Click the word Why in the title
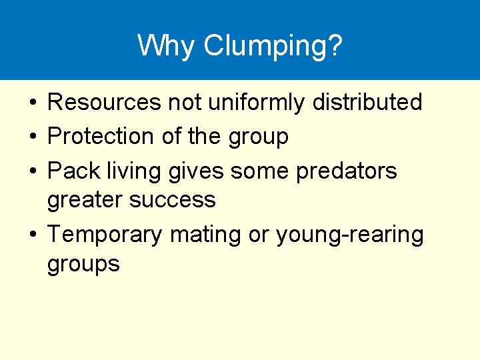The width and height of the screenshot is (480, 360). tap(166, 45)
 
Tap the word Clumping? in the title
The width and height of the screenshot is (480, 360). tap(273, 47)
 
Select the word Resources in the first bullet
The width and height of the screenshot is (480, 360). tap(104, 103)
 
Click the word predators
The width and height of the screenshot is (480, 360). tap(347, 171)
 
